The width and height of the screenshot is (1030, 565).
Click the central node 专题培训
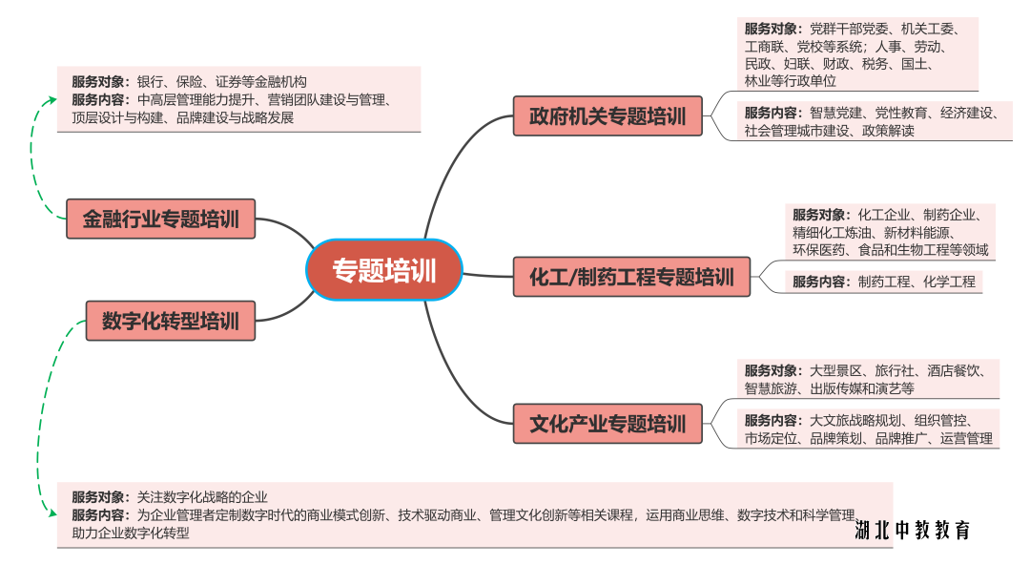pyautogui.click(x=384, y=270)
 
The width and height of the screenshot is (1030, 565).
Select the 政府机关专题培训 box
pyautogui.click(x=608, y=116)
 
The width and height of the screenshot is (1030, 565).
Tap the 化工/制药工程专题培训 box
pyautogui.click(x=631, y=278)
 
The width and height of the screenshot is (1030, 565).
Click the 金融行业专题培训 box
pyautogui.click(x=160, y=219)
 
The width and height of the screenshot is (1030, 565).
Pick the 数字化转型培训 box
pyautogui.click(x=170, y=321)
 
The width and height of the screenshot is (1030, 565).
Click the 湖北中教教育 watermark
pyautogui.click(x=913, y=530)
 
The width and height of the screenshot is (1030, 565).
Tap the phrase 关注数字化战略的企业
pyautogui.click(x=202, y=496)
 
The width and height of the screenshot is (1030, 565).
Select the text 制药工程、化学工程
pyautogui.click(x=917, y=282)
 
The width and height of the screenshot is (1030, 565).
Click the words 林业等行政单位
pyautogui.click(x=791, y=81)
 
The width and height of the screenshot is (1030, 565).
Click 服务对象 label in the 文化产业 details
pyautogui.click(x=772, y=370)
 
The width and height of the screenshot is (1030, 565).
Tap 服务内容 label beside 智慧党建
pyautogui.click(x=772, y=113)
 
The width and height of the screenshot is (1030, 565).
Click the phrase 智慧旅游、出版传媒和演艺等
pyautogui.click(x=830, y=388)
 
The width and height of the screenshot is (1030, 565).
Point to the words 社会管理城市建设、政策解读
pyautogui.click(x=830, y=131)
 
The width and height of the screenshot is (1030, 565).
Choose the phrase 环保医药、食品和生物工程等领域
pyautogui.click(x=891, y=250)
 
